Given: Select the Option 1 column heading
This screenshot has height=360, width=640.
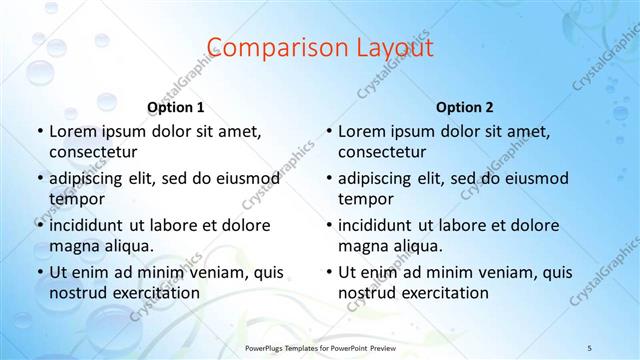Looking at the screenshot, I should click(176, 107).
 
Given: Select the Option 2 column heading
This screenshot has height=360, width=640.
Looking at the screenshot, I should click(465, 107).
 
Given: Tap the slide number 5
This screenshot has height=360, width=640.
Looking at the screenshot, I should click(589, 346).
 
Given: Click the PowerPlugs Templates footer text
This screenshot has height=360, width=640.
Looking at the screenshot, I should click(321, 346).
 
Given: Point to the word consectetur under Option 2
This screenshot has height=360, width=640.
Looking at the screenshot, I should click(382, 152).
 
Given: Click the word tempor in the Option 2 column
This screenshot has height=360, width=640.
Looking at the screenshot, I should click(362, 199).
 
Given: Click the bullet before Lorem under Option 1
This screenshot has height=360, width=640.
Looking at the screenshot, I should click(40, 131).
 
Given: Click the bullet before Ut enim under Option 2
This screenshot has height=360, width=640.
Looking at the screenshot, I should click(329, 272).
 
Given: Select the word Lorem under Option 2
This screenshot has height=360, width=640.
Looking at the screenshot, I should click(360, 131).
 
